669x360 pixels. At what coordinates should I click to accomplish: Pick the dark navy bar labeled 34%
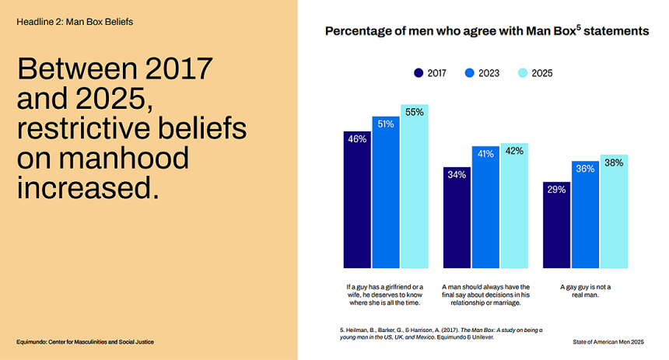pyautogui.click(x=457, y=218)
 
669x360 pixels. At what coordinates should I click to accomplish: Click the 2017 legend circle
pyautogui.click(x=419, y=73)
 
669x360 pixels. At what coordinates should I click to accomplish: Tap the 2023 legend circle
pyautogui.click(x=469, y=73)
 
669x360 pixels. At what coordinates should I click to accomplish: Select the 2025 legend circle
pyautogui.click(x=523, y=73)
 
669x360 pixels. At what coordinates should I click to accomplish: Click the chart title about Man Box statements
pyautogui.click(x=486, y=32)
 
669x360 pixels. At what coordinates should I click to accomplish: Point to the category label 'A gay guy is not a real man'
pyautogui.click(x=586, y=290)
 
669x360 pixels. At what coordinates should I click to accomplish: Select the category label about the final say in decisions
pyautogui.click(x=485, y=290)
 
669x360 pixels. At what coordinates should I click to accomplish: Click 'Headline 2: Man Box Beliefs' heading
pyautogui.click(x=75, y=22)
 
